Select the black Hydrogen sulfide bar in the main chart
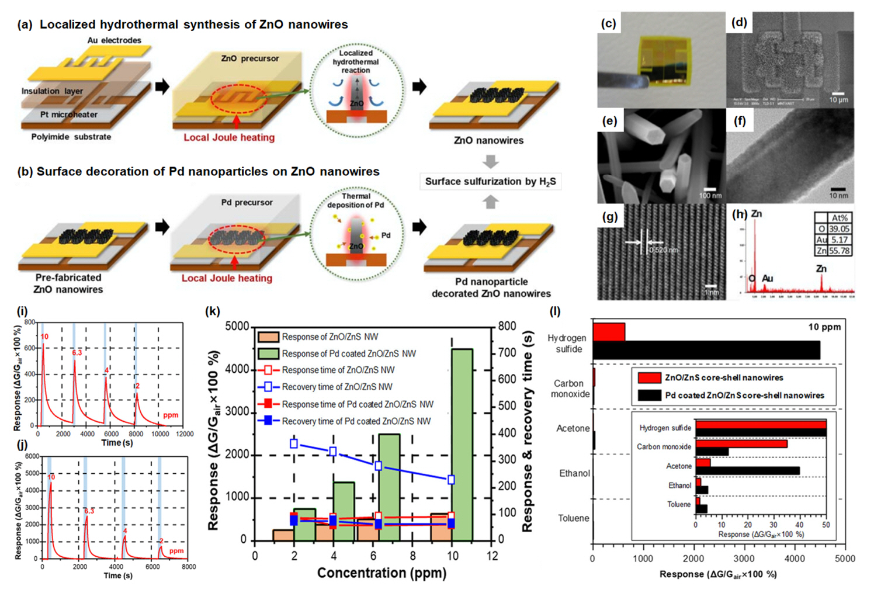pyautogui.click(x=706, y=350)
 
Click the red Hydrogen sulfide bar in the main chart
pyautogui.click(x=609, y=332)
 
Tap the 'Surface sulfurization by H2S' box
pyautogui.click(x=490, y=182)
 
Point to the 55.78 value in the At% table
pyautogui.click(x=839, y=251)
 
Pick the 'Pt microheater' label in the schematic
pyautogui.click(x=69, y=115)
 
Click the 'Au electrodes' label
pyautogui.click(x=115, y=40)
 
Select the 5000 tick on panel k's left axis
pyautogui.click(x=237, y=327)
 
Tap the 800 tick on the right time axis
pyautogui.click(x=507, y=326)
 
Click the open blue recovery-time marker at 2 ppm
pyautogui.click(x=294, y=444)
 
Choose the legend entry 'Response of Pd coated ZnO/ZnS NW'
pyautogui.click(x=349, y=353)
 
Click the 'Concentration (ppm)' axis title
pyautogui.click(x=381, y=573)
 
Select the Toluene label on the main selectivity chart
pyautogui.click(x=573, y=518)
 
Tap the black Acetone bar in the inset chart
pyautogui.click(x=747, y=470)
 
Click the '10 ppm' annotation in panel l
pyautogui.click(x=824, y=327)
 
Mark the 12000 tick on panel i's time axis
pyautogui.click(x=184, y=434)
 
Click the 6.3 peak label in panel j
pyautogui.click(x=89, y=511)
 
